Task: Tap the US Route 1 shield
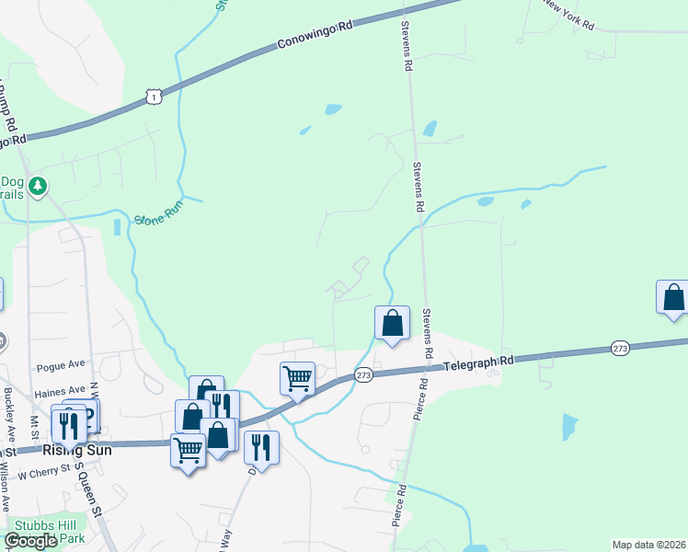[154, 94]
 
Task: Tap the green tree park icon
[37, 187]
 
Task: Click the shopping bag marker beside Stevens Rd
[392, 324]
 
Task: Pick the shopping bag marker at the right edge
[673, 298]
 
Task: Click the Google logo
[30, 541]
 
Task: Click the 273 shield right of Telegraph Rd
[620, 349]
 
